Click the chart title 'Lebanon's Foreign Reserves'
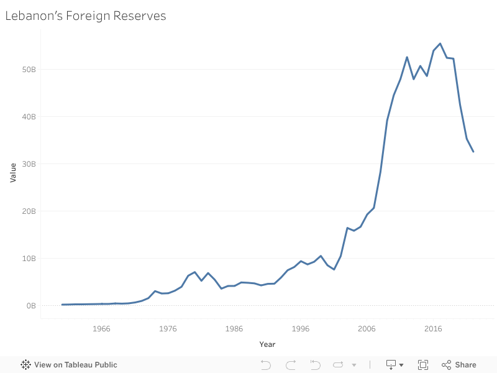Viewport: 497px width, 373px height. (86, 16)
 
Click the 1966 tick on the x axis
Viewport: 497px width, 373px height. (102, 329)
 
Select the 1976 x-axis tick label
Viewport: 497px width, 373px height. (168, 329)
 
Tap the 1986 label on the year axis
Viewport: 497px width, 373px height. (234, 329)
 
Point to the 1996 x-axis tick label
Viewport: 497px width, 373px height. (300, 329)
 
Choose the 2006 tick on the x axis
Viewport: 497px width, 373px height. (367, 329)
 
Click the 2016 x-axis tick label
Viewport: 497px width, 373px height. (432, 329)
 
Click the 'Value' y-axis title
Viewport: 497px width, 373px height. (13, 173)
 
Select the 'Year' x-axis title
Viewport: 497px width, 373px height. (267, 344)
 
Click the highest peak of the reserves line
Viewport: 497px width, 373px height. (440, 44)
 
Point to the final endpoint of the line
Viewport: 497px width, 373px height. (473, 152)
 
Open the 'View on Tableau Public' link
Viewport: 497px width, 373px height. (69, 365)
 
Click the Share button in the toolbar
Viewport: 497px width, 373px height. (459, 365)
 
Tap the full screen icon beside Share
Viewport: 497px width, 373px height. (423, 365)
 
